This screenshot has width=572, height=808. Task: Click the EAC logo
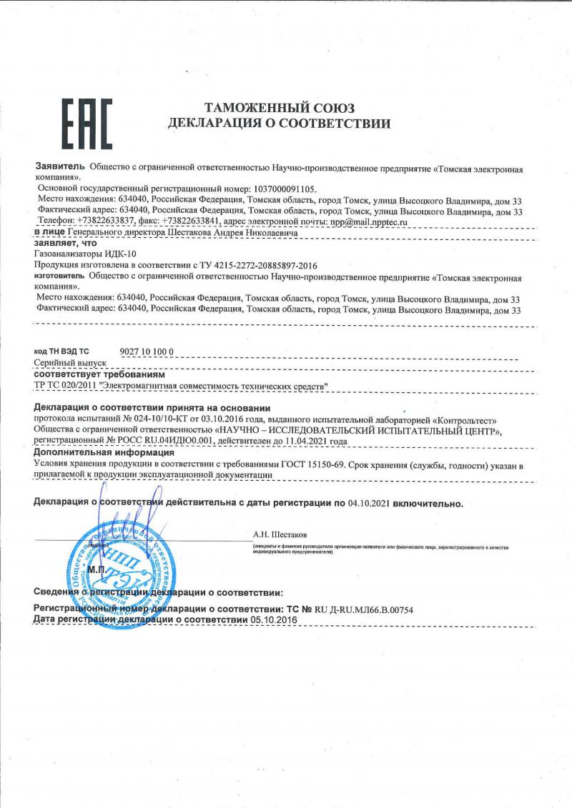(85, 124)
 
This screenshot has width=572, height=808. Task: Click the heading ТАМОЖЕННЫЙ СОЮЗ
(280, 109)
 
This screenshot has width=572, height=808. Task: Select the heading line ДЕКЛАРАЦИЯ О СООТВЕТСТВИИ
(279, 124)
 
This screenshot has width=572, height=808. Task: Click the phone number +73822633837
(100, 222)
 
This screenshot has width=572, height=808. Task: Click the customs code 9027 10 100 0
(146, 351)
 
